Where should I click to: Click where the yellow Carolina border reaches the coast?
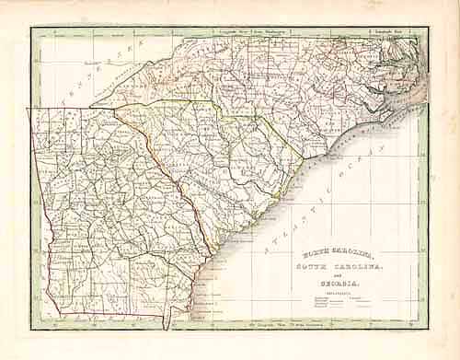[x=304, y=158]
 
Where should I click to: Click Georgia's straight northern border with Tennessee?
[x=74, y=109]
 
